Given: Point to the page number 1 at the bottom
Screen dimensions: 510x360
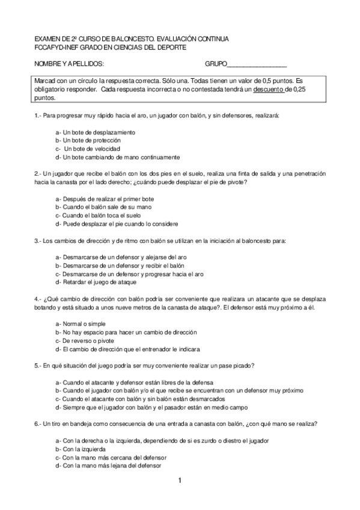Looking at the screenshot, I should [180, 481].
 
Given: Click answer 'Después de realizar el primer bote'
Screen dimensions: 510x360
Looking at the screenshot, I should [102, 198].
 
